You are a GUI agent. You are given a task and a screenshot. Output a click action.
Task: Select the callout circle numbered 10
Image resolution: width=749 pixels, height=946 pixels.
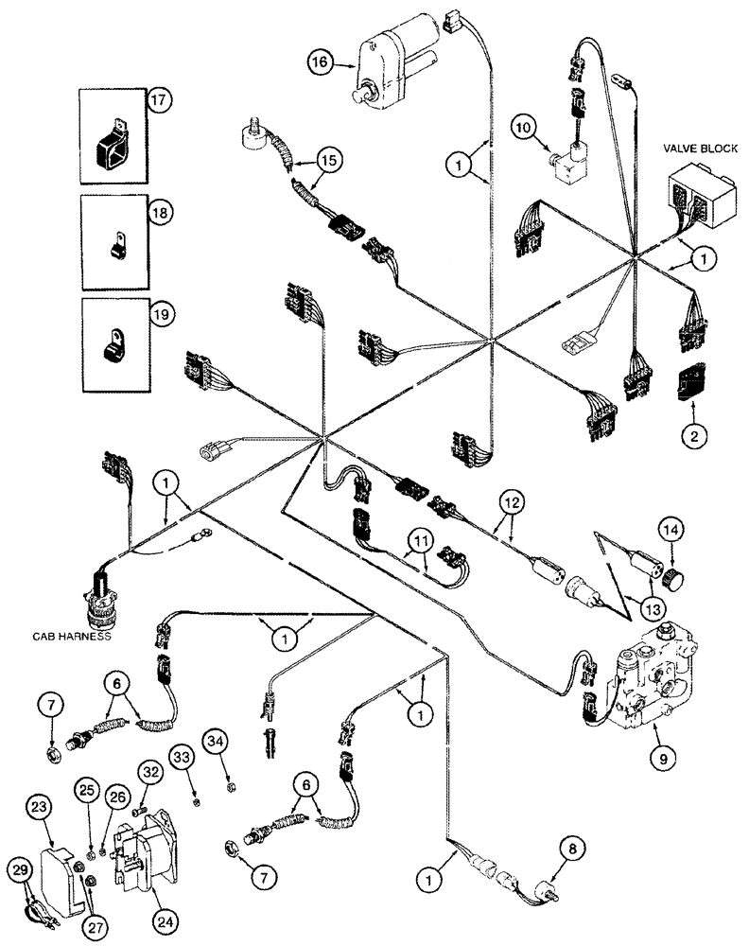[x=526, y=125]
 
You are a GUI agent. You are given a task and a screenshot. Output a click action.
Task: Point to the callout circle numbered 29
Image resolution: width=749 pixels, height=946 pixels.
[x=19, y=867]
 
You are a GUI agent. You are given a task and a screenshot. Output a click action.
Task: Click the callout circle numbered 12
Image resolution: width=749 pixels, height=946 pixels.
[x=511, y=504]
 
